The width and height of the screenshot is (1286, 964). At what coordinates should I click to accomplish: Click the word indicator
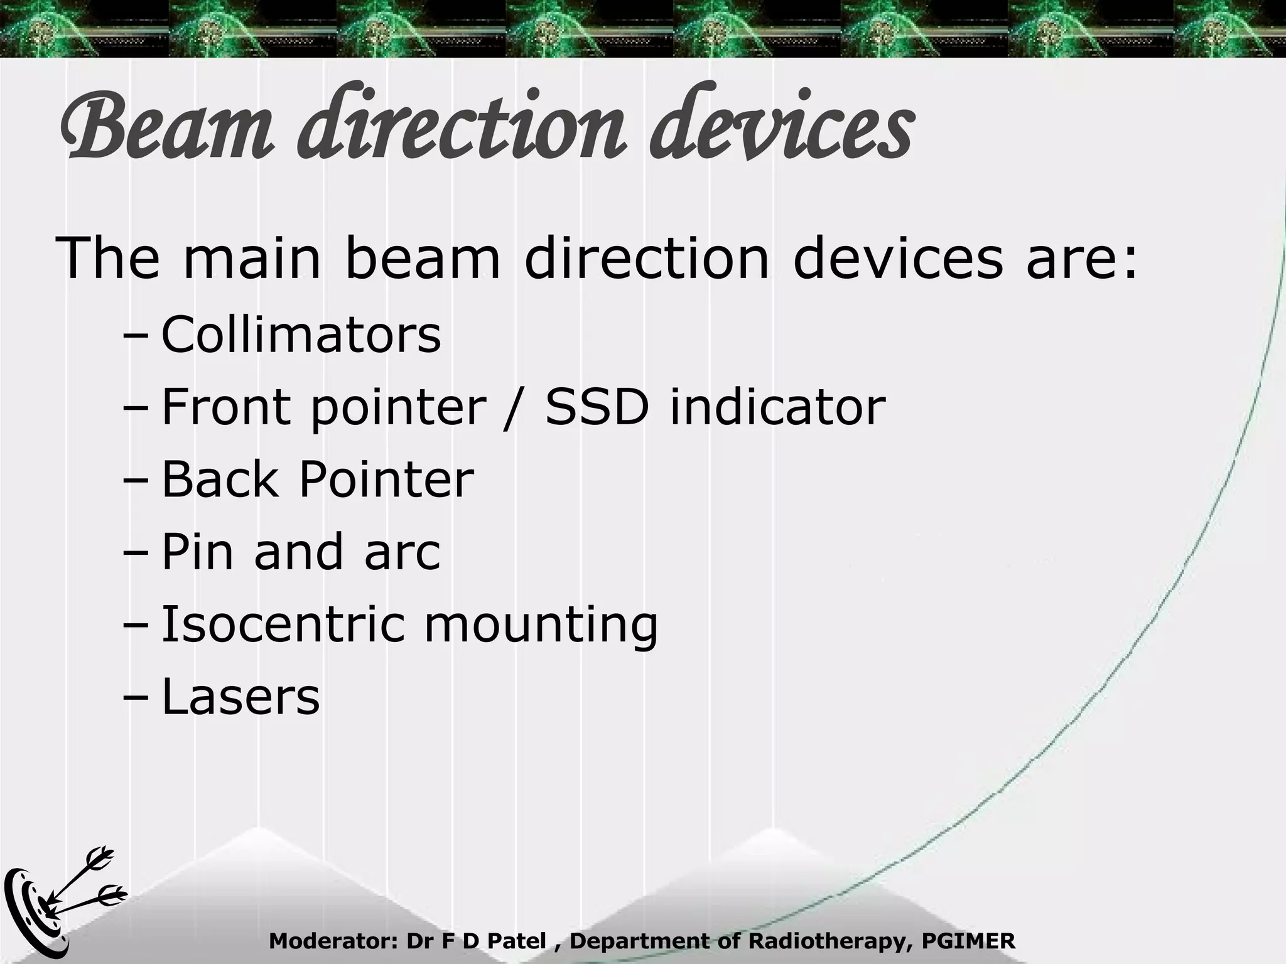[777, 407]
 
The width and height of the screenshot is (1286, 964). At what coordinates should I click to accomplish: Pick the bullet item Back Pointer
[317, 479]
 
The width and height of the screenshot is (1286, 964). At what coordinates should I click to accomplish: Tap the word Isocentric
[283, 624]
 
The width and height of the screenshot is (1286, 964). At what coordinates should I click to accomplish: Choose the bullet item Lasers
[240, 697]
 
